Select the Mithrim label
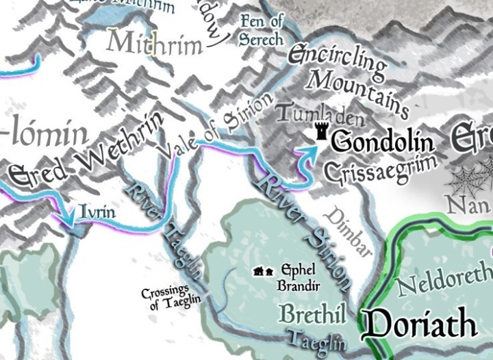[x=155, y=44]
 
